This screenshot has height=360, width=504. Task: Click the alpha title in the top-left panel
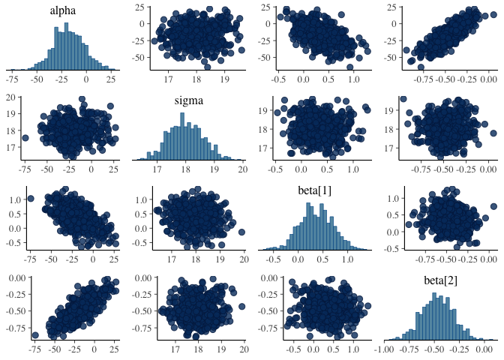(x=62, y=11)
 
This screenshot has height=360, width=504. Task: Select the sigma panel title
(x=188, y=101)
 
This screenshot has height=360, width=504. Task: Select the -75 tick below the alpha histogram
(x=13, y=79)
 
